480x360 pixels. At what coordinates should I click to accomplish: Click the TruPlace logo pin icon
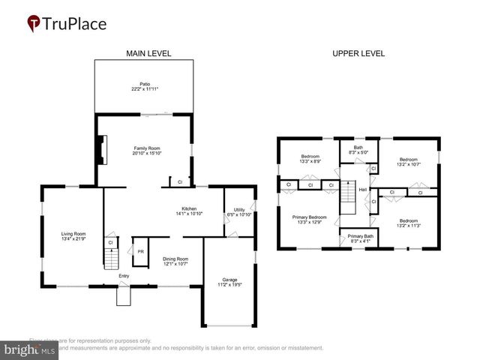(33, 23)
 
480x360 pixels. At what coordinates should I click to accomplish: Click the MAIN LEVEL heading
(148, 53)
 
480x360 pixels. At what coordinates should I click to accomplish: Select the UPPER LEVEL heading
(358, 53)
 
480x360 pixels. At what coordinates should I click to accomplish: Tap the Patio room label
(144, 86)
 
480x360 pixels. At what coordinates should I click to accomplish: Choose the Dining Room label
(175, 261)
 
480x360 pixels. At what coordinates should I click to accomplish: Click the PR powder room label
(140, 251)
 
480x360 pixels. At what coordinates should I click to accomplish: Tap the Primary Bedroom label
(310, 219)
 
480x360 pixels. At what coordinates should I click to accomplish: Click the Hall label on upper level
(363, 190)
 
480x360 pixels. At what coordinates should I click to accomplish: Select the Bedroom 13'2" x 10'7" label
(409, 162)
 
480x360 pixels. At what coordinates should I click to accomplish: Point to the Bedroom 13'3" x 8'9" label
(310, 158)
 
